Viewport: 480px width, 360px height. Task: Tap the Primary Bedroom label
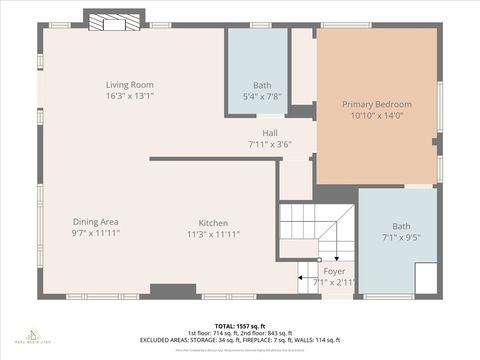(x=376, y=104)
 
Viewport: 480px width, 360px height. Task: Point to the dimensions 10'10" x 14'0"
(x=376, y=116)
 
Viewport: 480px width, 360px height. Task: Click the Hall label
(x=270, y=132)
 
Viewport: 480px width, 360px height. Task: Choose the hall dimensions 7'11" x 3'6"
(x=270, y=144)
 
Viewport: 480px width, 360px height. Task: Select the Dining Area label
(x=96, y=221)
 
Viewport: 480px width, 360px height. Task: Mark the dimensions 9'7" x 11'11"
(x=96, y=233)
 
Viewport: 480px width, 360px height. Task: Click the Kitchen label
(x=213, y=222)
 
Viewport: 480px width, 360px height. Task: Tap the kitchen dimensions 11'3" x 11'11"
(x=213, y=234)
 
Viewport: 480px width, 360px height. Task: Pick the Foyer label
(x=335, y=271)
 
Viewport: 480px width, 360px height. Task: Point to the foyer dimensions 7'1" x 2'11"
(x=335, y=283)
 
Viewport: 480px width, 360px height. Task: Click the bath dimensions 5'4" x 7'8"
(x=262, y=97)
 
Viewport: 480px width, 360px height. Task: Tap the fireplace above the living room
(x=105, y=20)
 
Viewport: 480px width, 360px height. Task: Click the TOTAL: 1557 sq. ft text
(x=239, y=324)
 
